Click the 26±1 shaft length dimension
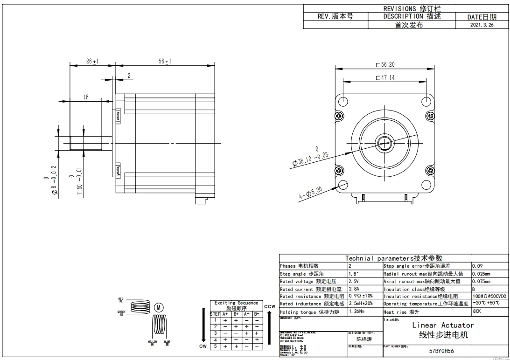click(x=92, y=62)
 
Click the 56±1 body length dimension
click(x=165, y=62)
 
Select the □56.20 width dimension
click(x=385, y=65)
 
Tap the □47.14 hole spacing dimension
click(x=385, y=78)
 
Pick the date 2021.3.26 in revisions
click(x=482, y=25)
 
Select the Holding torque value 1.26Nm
click(x=358, y=312)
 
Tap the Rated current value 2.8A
click(x=354, y=289)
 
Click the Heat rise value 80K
click(x=477, y=311)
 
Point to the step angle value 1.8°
click(x=354, y=274)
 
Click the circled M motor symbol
click(x=159, y=307)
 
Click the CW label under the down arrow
click(x=203, y=346)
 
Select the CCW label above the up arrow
click(x=269, y=306)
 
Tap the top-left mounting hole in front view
click(x=342, y=101)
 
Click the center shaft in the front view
click(x=385, y=143)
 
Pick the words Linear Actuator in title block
click(x=442, y=325)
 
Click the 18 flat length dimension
click(x=86, y=97)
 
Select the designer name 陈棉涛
click(x=364, y=339)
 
